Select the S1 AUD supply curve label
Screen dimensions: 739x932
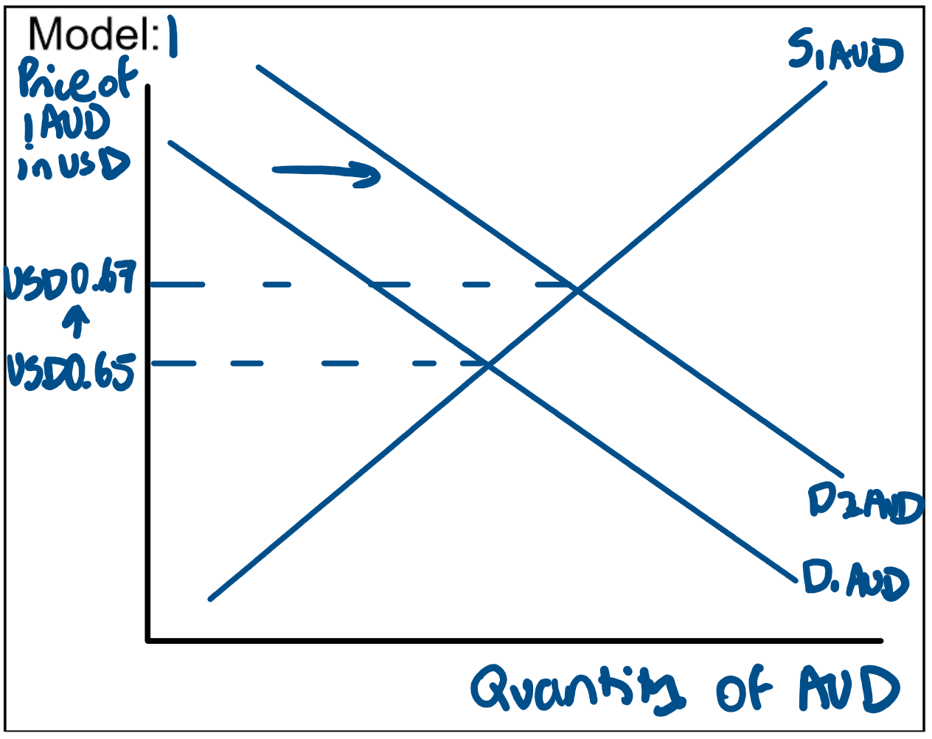pyautogui.click(x=844, y=53)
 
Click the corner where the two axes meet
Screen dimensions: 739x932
pyautogui.click(x=149, y=639)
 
